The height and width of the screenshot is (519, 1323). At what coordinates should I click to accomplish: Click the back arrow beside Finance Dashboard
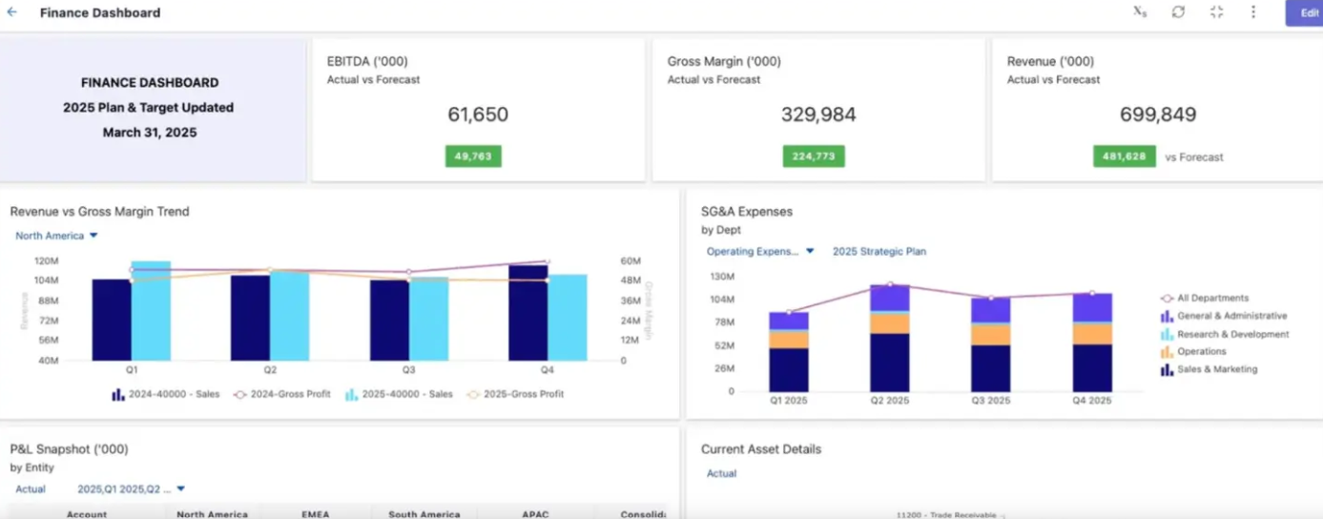click(x=12, y=12)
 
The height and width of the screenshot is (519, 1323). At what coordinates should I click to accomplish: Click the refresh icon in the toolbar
click(x=1178, y=12)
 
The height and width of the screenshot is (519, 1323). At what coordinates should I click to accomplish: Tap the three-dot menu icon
click(x=1253, y=12)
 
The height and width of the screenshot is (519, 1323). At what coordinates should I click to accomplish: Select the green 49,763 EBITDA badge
click(x=473, y=156)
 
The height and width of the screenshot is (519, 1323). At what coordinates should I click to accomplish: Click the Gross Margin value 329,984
click(x=818, y=115)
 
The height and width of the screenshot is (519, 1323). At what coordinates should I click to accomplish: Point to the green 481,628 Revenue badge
click(x=1124, y=156)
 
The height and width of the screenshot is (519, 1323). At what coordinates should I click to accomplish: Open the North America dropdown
click(x=56, y=236)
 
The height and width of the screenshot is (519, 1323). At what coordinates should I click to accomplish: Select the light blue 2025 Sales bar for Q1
click(x=151, y=311)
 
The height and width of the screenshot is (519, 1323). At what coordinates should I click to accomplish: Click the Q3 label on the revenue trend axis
click(x=408, y=369)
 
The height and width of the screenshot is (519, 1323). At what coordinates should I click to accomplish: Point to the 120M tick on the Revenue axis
click(x=46, y=260)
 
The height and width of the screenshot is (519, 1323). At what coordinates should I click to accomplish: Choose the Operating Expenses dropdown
click(x=760, y=252)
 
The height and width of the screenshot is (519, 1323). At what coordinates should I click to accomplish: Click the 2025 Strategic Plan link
click(x=879, y=252)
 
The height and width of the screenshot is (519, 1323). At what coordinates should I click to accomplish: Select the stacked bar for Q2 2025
click(x=889, y=339)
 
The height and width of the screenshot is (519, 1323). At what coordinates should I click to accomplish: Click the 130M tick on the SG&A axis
click(x=722, y=277)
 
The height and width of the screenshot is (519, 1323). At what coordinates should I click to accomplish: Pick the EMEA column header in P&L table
click(x=315, y=514)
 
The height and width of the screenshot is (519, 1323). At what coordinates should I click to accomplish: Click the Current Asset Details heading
click(x=760, y=449)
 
